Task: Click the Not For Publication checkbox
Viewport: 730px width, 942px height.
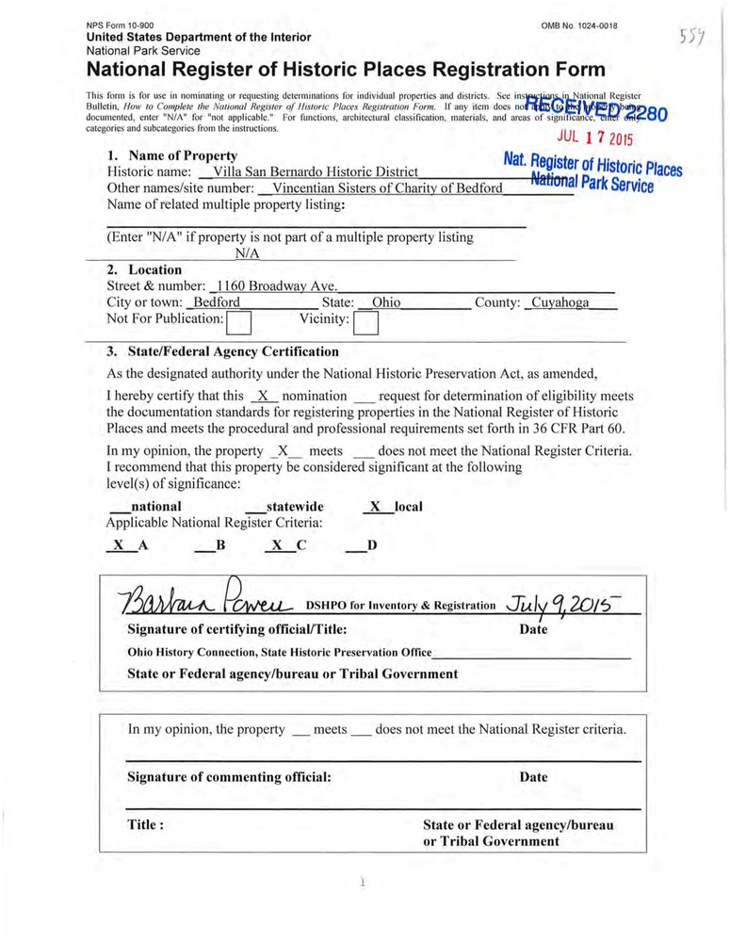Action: pyautogui.click(x=241, y=324)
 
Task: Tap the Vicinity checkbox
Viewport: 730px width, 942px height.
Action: pyautogui.click(x=365, y=324)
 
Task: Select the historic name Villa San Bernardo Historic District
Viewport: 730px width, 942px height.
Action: pyautogui.click(x=316, y=172)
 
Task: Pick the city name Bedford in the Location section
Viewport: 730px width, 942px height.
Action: pyautogui.click(x=216, y=303)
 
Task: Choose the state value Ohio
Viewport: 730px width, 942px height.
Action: pyautogui.click(x=381, y=303)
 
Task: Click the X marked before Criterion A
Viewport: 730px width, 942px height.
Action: pyautogui.click(x=118, y=544)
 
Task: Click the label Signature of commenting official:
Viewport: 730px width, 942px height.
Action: pyautogui.click(x=229, y=777)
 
